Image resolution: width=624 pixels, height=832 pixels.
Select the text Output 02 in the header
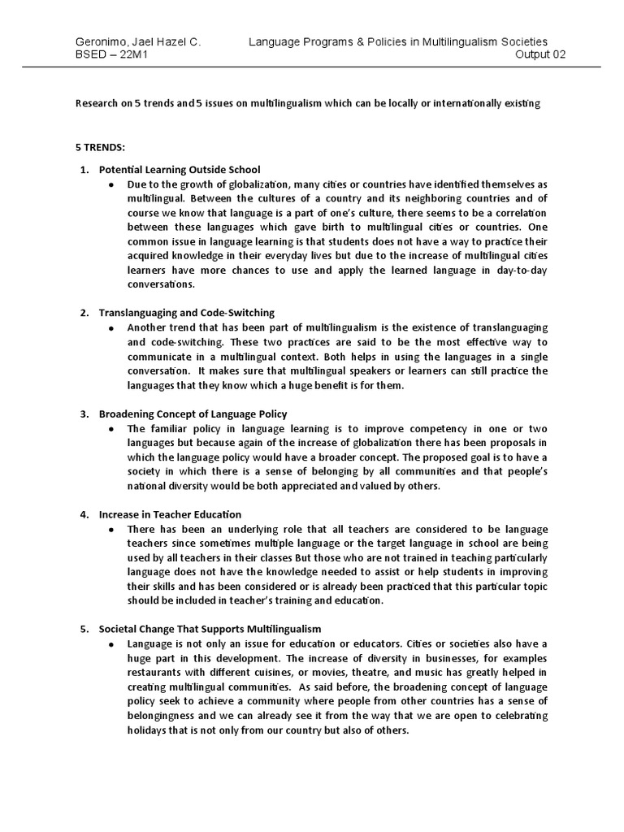click(540, 54)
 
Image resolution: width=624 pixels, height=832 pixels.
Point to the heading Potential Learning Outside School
click(179, 170)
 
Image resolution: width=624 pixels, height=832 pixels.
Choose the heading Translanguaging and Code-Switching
click(186, 312)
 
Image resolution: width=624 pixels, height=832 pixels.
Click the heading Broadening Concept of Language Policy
click(193, 414)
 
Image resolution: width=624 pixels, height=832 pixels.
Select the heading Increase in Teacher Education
click(170, 514)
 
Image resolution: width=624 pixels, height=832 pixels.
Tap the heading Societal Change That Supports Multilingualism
click(210, 629)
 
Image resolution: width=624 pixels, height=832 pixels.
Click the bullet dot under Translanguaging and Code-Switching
click(110, 327)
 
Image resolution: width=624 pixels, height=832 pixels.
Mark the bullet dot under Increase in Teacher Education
click(110, 529)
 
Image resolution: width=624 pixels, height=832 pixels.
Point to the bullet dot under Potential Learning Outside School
click(110, 184)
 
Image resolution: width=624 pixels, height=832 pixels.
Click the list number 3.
click(84, 414)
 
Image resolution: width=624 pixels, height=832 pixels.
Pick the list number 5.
click(84, 629)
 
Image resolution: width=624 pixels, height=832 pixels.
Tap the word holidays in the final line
click(148, 730)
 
